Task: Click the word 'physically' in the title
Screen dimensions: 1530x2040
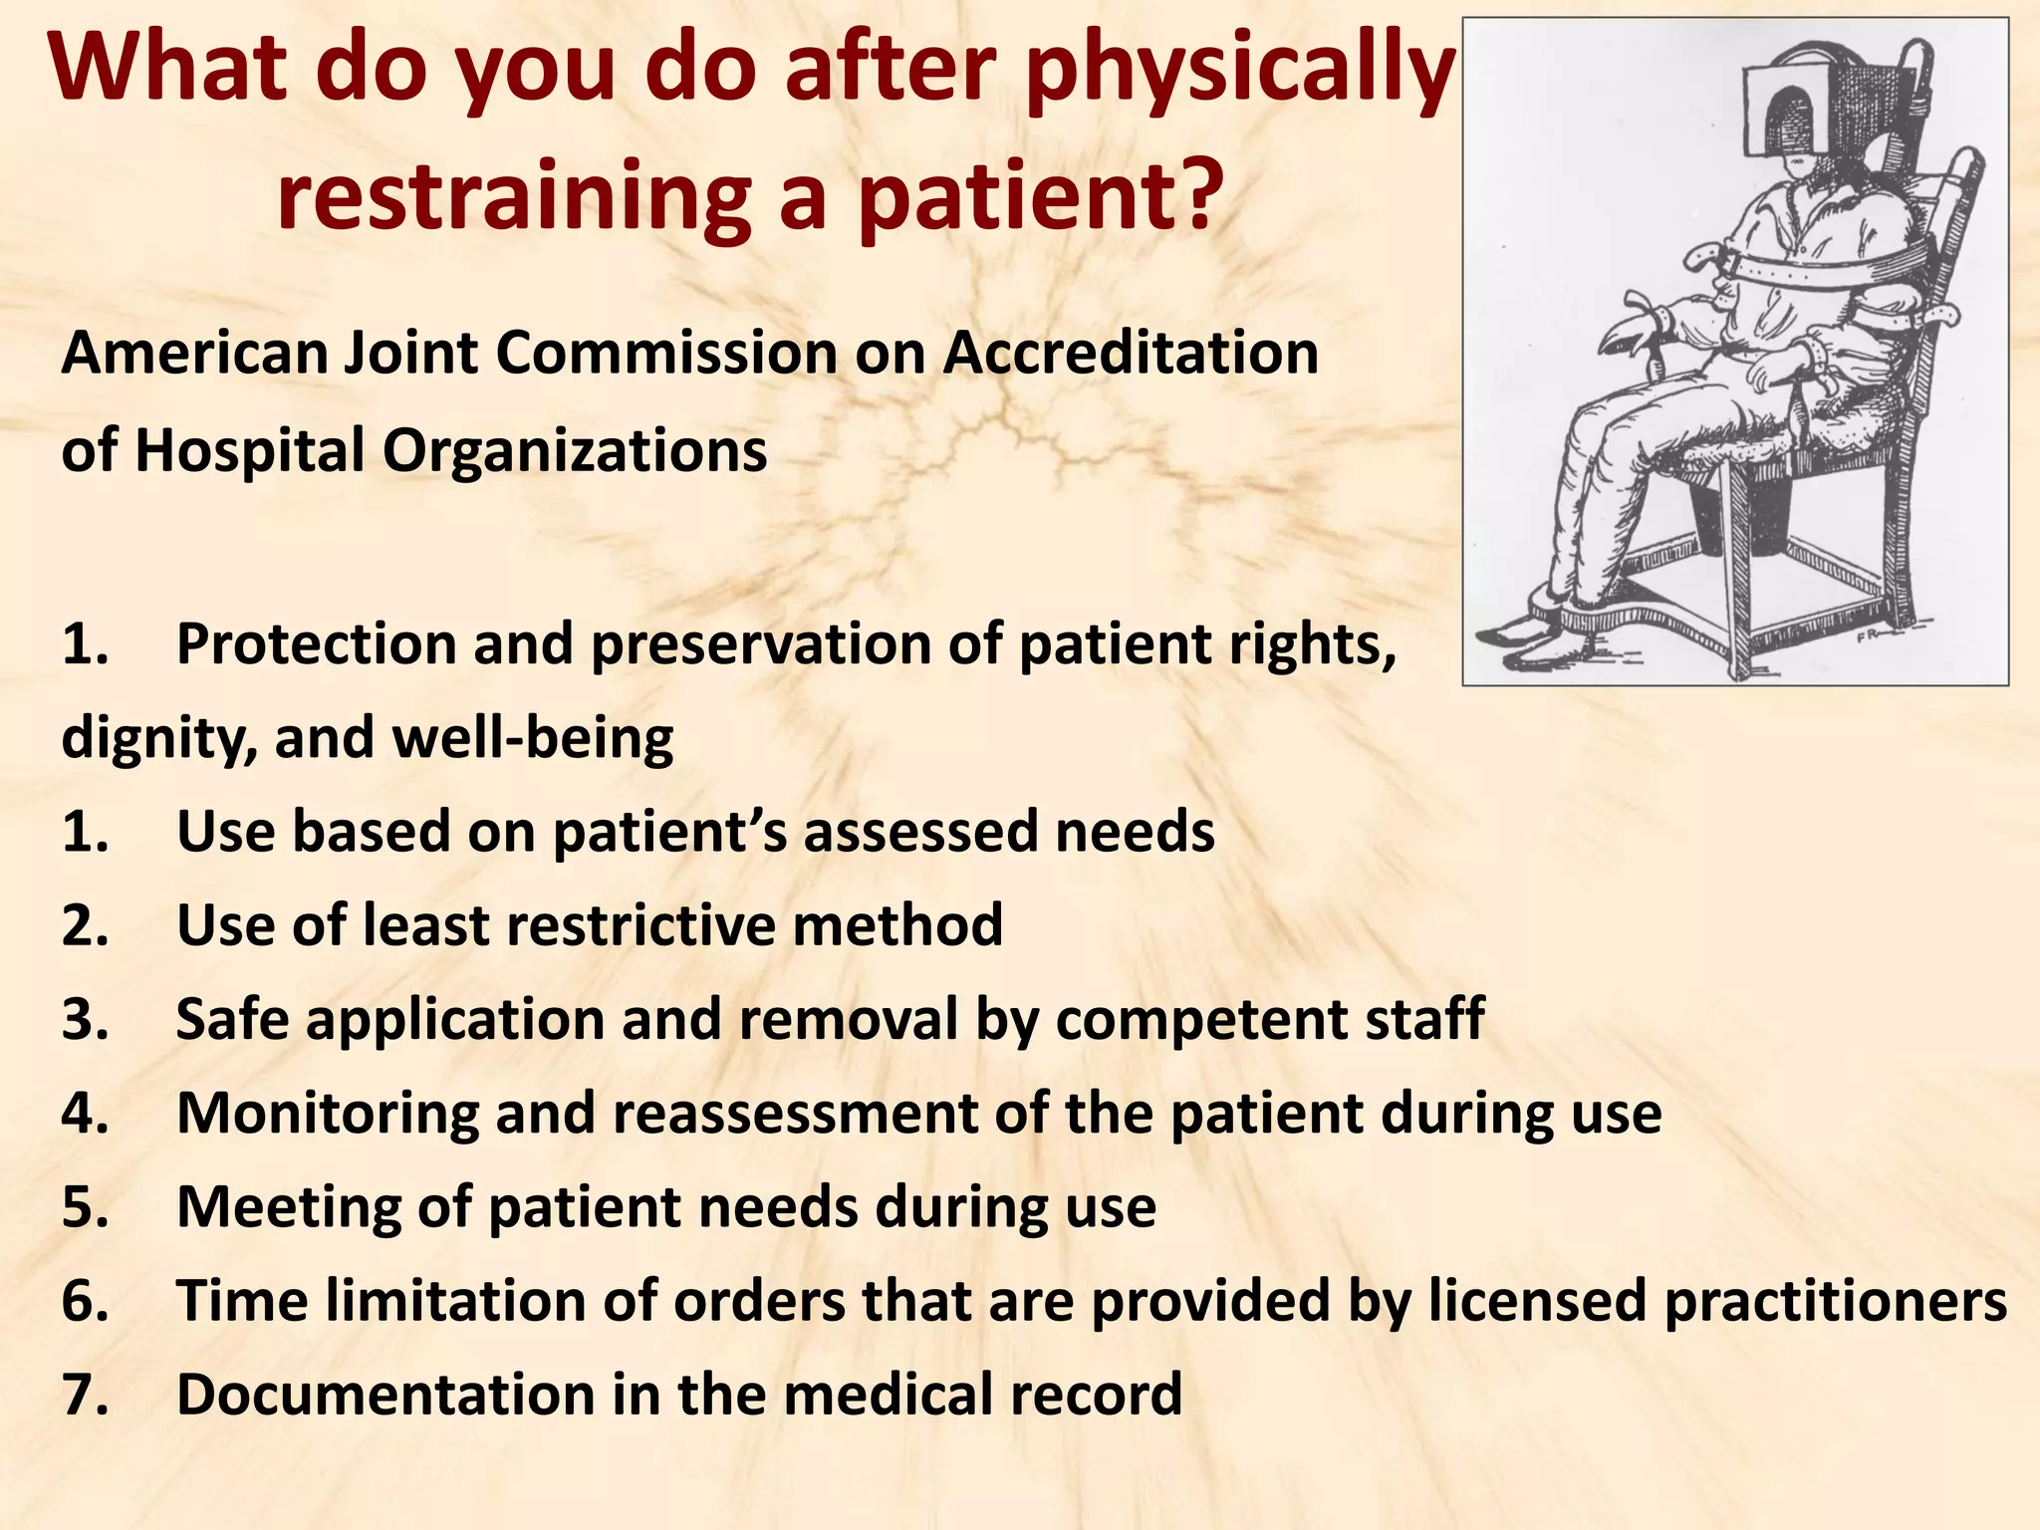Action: (1241, 75)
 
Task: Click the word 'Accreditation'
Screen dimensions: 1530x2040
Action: (1131, 354)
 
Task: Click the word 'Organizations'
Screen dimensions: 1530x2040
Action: (575, 450)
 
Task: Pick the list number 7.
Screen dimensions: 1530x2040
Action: (85, 1395)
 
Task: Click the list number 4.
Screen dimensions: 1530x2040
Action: (85, 1114)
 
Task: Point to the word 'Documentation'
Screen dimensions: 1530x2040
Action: (384, 1395)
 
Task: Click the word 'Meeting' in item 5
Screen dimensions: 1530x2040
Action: (288, 1207)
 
